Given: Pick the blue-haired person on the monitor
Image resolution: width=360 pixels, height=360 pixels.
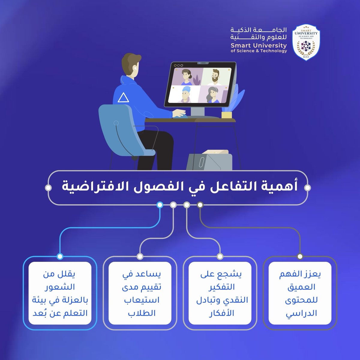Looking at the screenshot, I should coord(184,94).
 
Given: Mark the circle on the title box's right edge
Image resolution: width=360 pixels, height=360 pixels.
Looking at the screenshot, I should coord(307,188).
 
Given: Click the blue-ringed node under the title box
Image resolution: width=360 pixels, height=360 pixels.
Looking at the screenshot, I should coord(160,205).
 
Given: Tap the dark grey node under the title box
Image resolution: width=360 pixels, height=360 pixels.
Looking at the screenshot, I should coord(200,205).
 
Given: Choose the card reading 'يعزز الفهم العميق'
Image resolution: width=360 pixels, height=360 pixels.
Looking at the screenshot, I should coord(300,293).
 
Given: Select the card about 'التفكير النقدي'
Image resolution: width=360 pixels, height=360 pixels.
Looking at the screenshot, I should coord(220,293).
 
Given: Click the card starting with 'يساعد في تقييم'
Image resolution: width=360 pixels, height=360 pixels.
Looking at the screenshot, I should coord(140,293).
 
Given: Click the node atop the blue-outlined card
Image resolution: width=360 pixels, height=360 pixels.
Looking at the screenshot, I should coord(60,256).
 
